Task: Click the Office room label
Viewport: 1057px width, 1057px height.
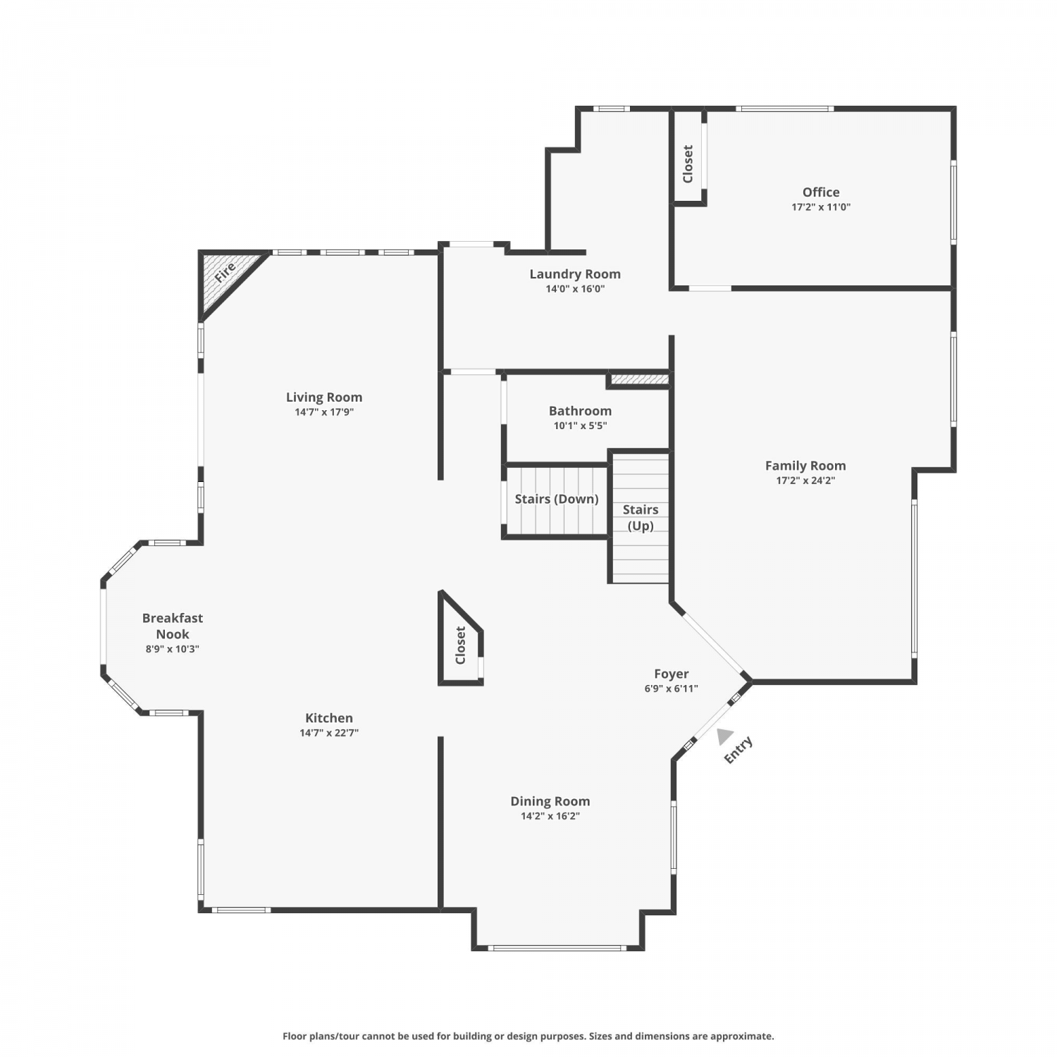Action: coord(821,192)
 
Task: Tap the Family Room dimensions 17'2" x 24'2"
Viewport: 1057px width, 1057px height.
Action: coord(805,481)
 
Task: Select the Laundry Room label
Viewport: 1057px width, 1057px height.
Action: coord(575,274)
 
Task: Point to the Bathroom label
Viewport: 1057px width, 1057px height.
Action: coord(580,411)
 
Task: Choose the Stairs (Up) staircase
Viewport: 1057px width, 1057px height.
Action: coord(641,518)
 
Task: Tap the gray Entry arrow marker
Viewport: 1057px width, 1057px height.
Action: coord(724,736)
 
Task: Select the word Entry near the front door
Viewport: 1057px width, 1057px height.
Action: coord(738,750)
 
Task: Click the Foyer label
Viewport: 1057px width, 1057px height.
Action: coord(671,674)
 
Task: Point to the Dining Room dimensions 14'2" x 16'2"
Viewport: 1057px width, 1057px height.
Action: coord(550,816)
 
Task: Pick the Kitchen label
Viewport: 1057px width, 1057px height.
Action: coord(329,718)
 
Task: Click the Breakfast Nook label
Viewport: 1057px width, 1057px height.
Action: coord(173,626)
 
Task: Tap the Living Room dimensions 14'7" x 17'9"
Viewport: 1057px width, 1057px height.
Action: coord(324,412)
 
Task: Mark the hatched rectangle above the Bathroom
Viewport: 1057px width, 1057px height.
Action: coord(639,380)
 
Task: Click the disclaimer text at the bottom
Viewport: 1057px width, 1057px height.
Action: coord(528,1036)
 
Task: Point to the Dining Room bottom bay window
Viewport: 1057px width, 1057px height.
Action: coord(557,948)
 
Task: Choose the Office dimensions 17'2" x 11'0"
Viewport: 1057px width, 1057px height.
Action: coord(821,207)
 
